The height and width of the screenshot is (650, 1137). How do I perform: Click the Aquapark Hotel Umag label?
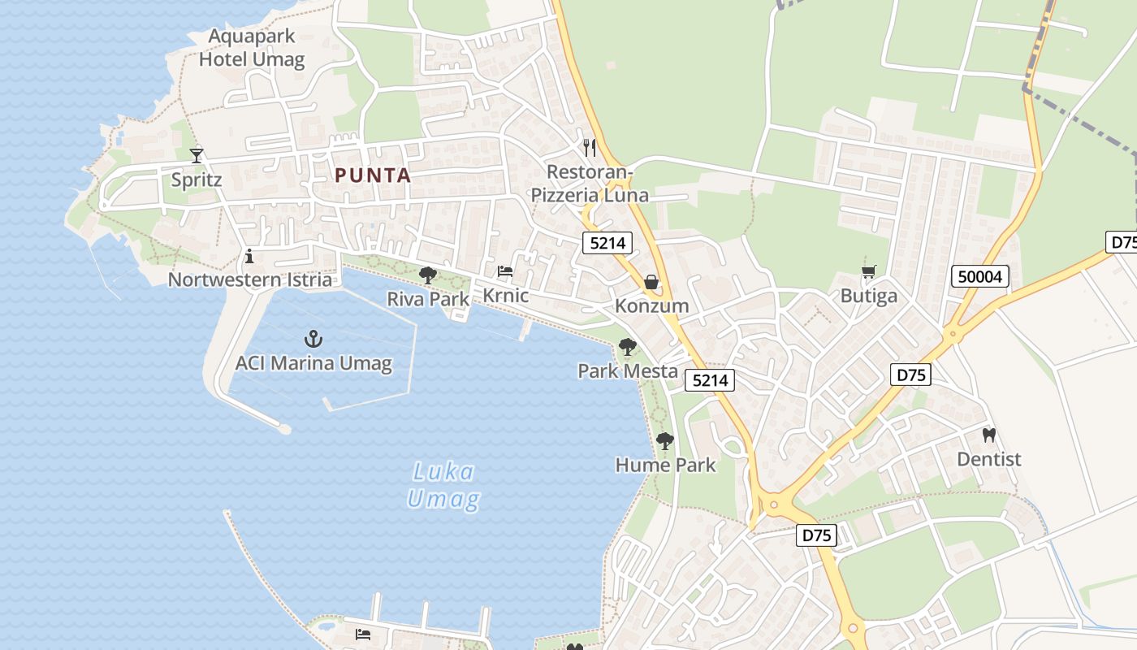pyautogui.click(x=252, y=48)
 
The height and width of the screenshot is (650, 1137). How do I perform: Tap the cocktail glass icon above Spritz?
pyautogui.click(x=197, y=154)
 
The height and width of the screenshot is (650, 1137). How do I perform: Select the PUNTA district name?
pyautogui.click(x=373, y=175)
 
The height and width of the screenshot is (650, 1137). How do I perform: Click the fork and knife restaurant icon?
pyautogui.click(x=590, y=148)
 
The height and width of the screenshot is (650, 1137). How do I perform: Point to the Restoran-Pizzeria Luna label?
pyautogui.click(x=590, y=184)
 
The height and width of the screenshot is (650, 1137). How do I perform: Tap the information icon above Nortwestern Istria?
pyautogui.click(x=249, y=257)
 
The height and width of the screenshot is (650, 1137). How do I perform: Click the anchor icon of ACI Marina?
pyautogui.click(x=313, y=339)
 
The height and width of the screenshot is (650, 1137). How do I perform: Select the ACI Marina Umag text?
pyautogui.click(x=313, y=363)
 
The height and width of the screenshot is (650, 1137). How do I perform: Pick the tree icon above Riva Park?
pyautogui.click(x=428, y=275)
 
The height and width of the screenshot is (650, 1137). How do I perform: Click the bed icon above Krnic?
pyautogui.click(x=505, y=271)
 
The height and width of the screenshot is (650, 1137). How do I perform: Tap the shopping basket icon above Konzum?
pyautogui.click(x=651, y=282)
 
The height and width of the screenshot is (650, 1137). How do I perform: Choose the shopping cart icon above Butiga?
pyautogui.click(x=868, y=272)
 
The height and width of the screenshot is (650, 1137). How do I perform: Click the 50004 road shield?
pyautogui.click(x=980, y=277)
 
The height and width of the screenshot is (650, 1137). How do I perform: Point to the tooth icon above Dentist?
pyautogui.click(x=988, y=435)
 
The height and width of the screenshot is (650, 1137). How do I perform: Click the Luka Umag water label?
pyautogui.click(x=443, y=485)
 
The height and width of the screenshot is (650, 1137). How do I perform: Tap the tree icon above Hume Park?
pyautogui.click(x=665, y=441)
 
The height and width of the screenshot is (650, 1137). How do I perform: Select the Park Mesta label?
pyautogui.click(x=628, y=371)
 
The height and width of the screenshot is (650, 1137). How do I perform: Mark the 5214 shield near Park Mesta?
pyautogui.click(x=710, y=379)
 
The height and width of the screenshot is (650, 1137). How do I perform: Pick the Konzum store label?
pyautogui.click(x=651, y=306)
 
